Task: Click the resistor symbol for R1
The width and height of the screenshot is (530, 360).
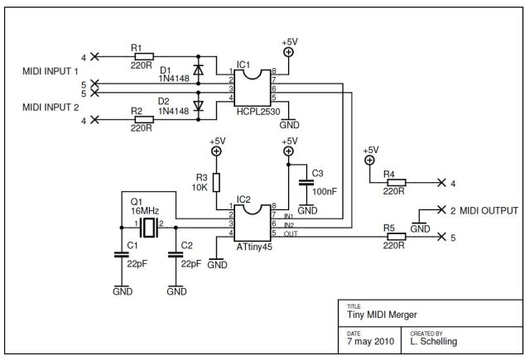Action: pos(144,56)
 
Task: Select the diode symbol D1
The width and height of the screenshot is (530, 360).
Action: pos(198,70)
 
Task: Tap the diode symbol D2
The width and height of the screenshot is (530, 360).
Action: pos(198,106)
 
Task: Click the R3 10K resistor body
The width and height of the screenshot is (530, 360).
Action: pos(216,182)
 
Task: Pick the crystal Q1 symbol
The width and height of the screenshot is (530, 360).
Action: pos(149,228)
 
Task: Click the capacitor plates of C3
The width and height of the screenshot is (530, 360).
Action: pos(306,182)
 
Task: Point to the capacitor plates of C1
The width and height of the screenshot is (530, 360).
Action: pos(122,255)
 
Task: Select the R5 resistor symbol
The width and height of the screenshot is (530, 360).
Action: pos(396,237)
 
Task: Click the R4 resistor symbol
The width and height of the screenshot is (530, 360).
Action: pos(396,183)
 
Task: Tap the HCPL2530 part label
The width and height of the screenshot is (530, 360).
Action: pos(258,112)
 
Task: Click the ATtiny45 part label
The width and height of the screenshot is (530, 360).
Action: pos(254,247)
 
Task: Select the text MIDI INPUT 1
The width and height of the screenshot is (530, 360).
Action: pos(51,71)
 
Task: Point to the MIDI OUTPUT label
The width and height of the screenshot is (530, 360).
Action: pos(489,211)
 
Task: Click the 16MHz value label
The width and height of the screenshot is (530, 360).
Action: pos(145,211)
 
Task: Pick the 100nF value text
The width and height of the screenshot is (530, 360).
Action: pos(325,192)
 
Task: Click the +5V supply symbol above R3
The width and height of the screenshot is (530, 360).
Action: pos(216,151)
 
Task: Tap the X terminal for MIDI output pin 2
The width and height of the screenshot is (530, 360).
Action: pos(441,209)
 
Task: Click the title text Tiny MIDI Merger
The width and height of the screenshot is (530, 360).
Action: pos(382,314)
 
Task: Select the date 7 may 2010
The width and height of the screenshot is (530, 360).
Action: pos(370,342)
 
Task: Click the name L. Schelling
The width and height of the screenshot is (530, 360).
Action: pos(434,342)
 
